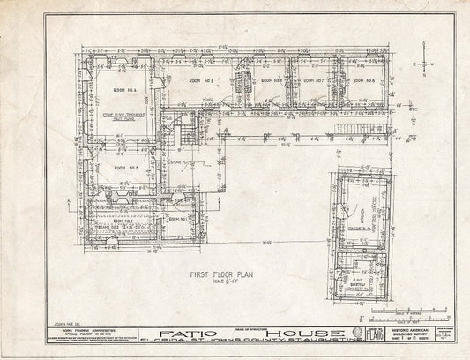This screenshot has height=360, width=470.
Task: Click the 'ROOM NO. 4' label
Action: coord(123,91)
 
